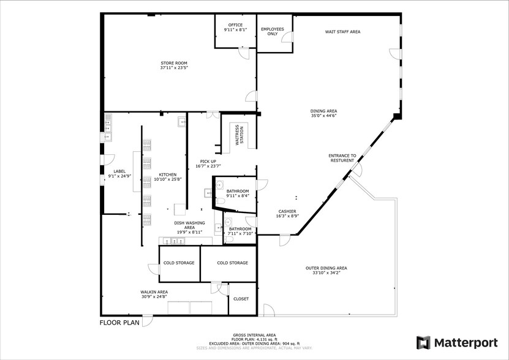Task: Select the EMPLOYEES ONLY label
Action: tap(273, 31)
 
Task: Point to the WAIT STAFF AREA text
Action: tap(342, 31)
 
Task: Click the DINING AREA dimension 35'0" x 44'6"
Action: tap(324, 115)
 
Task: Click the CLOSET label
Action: tap(241, 299)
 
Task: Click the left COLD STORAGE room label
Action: tap(179, 263)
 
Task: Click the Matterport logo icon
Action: tap(423, 342)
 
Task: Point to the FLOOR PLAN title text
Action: tap(120, 321)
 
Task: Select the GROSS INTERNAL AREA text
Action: tap(254, 335)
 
